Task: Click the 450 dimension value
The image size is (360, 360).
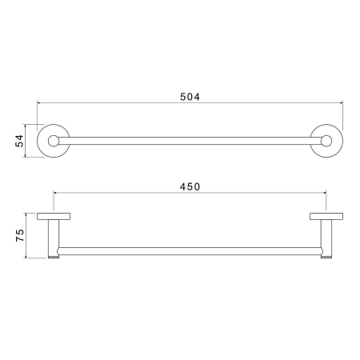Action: click(x=189, y=186)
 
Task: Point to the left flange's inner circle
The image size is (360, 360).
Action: click(x=54, y=141)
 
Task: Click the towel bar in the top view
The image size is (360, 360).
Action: click(x=189, y=141)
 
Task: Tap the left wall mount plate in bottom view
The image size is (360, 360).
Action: click(x=54, y=217)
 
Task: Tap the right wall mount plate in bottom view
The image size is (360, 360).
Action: click(x=326, y=217)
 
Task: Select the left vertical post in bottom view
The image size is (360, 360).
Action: click(x=54, y=238)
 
